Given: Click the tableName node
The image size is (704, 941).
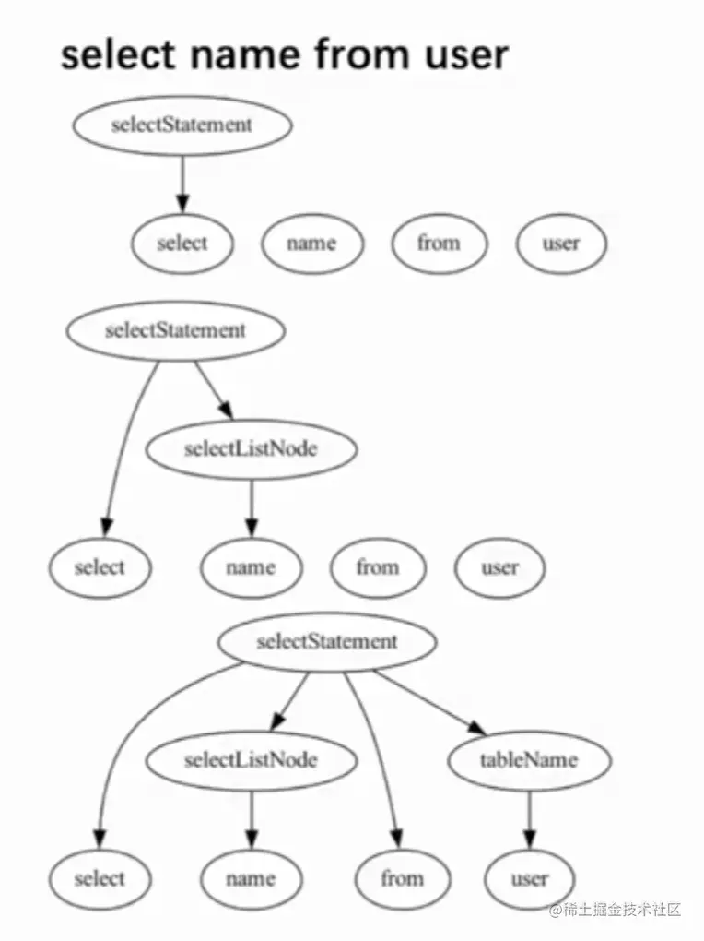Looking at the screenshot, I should click(529, 760).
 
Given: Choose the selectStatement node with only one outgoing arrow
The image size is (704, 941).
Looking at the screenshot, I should click(182, 125).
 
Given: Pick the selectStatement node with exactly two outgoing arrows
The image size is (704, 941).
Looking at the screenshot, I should click(175, 330).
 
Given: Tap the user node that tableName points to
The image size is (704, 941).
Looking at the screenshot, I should click(529, 879).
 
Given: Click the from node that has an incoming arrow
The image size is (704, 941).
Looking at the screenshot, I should click(403, 879).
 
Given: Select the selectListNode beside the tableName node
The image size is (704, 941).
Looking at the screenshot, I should click(251, 760).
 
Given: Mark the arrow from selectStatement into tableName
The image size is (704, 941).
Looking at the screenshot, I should click(429, 703).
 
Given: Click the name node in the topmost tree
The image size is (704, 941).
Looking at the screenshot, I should click(311, 244).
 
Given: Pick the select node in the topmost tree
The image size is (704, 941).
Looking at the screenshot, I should click(182, 244).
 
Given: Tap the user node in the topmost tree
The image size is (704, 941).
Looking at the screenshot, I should click(561, 244).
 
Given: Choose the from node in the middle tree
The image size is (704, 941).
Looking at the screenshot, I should click(378, 566).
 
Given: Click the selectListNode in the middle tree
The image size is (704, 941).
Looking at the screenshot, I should click(251, 449).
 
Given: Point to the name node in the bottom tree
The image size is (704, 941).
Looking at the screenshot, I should click(251, 879).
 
